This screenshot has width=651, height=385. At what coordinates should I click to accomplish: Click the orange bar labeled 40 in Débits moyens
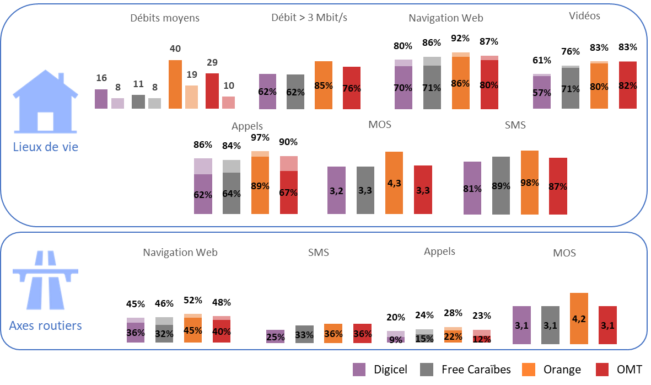(x=175, y=84)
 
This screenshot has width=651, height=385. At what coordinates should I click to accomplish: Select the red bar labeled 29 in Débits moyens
(x=212, y=90)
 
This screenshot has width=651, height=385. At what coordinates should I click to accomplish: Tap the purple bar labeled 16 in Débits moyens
(x=101, y=99)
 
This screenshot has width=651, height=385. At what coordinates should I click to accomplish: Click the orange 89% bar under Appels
(x=260, y=182)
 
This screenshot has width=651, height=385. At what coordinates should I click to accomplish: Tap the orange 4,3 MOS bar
(x=394, y=182)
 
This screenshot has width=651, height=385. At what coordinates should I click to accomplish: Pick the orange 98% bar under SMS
(x=530, y=182)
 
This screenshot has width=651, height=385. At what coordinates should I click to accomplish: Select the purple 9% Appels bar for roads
(x=396, y=337)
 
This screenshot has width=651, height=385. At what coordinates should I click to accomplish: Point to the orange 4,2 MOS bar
(x=579, y=318)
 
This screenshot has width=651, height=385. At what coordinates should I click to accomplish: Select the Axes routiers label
(x=46, y=325)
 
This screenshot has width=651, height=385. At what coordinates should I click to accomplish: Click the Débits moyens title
(x=165, y=18)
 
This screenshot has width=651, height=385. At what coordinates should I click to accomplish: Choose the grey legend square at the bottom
(x=426, y=370)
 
